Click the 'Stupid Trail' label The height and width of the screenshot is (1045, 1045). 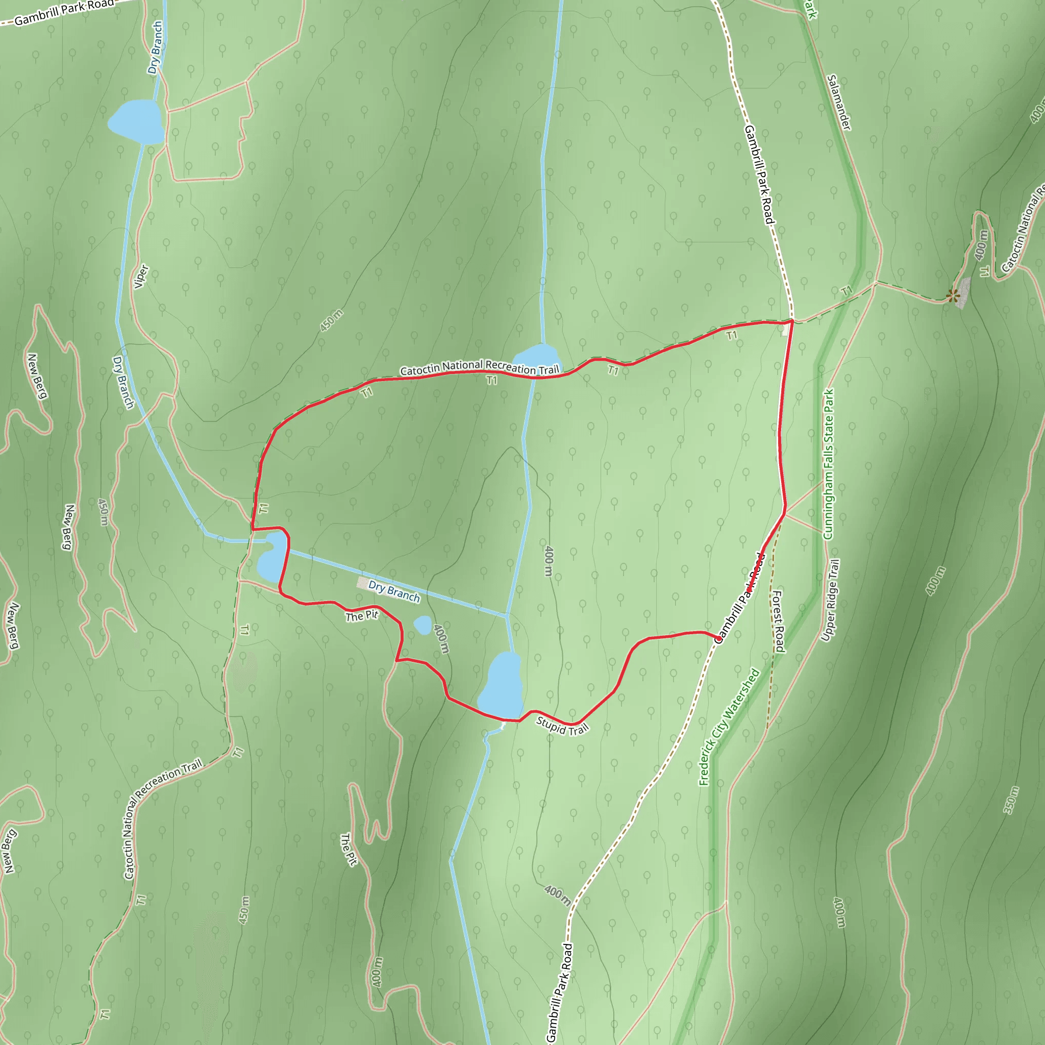tap(562, 726)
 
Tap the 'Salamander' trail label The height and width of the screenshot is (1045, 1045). tap(839, 103)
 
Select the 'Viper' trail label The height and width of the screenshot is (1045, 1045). tap(141, 277)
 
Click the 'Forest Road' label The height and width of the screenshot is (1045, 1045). tap(778, 621)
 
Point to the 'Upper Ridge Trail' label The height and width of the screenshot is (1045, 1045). tap(830, 601)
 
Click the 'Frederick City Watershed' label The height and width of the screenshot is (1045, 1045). tap(729, 727)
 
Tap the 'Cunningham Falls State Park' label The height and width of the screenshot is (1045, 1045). tap(828, 464)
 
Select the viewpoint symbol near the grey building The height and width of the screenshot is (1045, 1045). tap(953, 295)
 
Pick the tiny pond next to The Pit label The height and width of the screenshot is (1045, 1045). tap(422, 625)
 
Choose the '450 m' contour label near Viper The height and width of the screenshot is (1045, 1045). tap(331, 321)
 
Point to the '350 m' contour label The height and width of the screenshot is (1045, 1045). tap(1011, 800)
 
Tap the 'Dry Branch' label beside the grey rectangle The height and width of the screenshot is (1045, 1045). tap(394, 591)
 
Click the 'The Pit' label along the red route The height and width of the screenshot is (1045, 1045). tap(362, 615)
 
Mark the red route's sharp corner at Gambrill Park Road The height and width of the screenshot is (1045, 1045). tap(792, 321)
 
